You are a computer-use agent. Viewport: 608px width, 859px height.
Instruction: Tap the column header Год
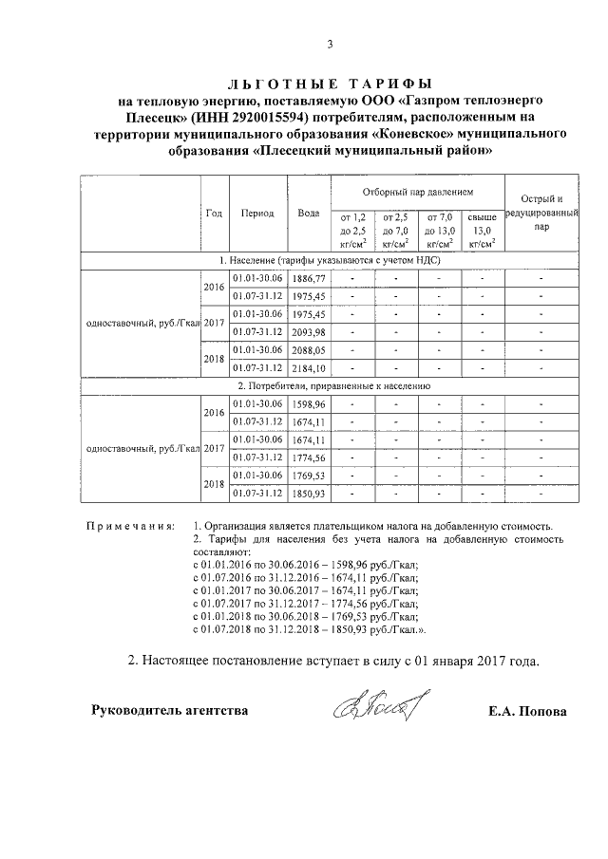(x=214, y=213)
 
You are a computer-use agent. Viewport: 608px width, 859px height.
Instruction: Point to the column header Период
(x=257, y=213)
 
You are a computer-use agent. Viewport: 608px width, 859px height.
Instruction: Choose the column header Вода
(x=308, y=213)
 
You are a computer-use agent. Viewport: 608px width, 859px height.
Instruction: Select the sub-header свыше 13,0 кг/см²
(x=483, y=231)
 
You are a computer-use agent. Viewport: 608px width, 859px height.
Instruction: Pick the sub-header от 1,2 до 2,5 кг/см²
(x=351, y=231)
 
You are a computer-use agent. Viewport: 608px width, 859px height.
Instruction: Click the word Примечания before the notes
(x=129, y=525)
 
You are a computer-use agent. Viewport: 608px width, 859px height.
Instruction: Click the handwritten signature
(x=378, y=706)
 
